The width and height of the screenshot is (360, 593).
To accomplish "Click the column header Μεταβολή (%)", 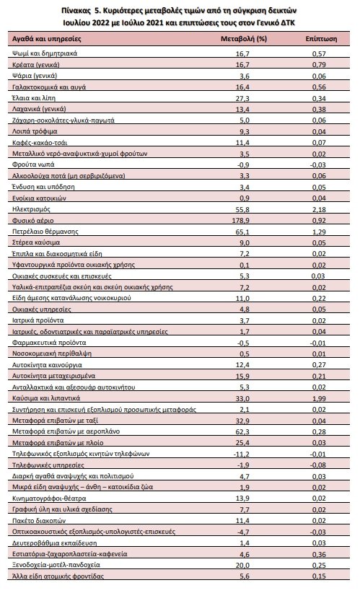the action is point(244,38).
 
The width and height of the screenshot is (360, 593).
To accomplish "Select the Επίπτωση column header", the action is point(321,38).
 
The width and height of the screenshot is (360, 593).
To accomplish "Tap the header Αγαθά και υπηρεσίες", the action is point(46,38).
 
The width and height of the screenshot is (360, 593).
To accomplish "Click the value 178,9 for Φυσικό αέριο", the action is point(240,221).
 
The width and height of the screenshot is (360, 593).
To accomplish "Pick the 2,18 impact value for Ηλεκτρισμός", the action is point(319,209).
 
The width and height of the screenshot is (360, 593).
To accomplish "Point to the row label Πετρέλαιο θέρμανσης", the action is point(45,232).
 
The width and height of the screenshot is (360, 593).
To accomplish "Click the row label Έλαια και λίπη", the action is point(34,98).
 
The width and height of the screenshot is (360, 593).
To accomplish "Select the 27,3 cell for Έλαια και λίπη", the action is point(242,98).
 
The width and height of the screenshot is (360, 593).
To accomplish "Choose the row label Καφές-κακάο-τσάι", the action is point(40,143).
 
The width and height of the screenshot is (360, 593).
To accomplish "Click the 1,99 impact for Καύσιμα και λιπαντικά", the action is point(319,398).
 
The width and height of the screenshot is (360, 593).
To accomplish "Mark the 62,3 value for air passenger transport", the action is point(242,431).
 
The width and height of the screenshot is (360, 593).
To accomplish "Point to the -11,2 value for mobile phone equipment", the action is point(241,454).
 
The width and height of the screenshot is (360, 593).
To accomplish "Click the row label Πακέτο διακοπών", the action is point(39,520).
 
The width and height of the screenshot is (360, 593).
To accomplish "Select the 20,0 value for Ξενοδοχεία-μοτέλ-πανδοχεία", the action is point(242,565).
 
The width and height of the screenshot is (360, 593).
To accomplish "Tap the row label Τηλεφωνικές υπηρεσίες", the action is point(48,465).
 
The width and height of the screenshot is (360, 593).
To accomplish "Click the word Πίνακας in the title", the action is point(74,10).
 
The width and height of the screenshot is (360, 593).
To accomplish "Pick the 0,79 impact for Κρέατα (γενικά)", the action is point(319,65).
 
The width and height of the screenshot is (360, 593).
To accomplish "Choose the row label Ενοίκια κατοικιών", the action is point(40,198).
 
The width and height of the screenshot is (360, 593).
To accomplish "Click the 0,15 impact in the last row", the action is point(319,576).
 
